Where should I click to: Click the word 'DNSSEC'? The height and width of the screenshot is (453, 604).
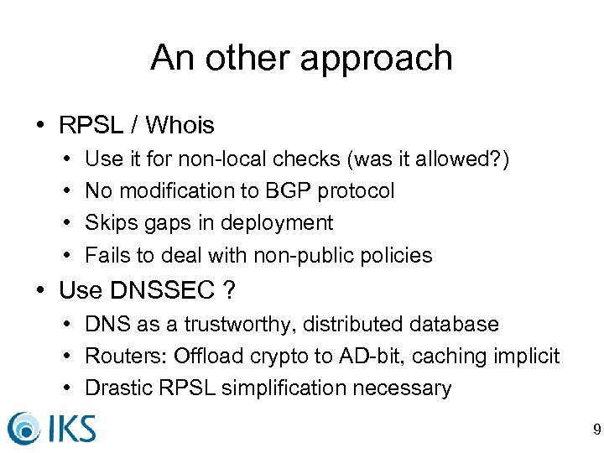[x=162, y=290]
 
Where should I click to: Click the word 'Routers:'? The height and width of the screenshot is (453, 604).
[x=127, y=357]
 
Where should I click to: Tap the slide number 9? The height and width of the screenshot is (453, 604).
[x=596, y=431]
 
